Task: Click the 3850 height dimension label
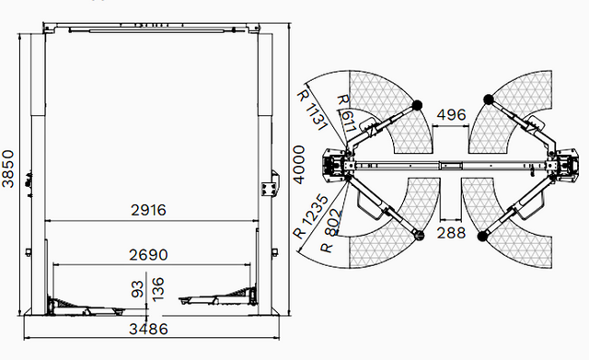pyautogui.click(x=8, y=168)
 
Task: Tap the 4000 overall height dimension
pyautogui.click(x=299, y=165)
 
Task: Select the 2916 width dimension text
pyautogui.click(x=148, y=210)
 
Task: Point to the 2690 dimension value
pyautogui.click(x=148, y=255)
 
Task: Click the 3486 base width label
pyautogui.click(x=148, y=330)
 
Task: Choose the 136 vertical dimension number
pyautogui.click(x=158, y=289)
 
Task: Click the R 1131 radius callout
pyautogui.click(x=311, y=110)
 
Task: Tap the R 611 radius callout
pyautogui.click(x=346, y=114)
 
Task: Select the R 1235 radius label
pyautogui.click(x=310, y=216)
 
